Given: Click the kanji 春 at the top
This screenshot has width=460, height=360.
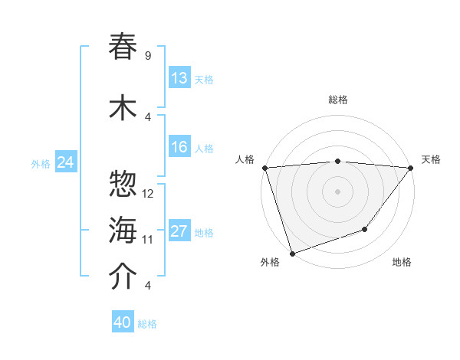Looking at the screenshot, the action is point(123,47).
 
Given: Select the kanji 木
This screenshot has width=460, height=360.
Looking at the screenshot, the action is point(123,108).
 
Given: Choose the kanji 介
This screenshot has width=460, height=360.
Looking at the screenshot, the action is point(123,277).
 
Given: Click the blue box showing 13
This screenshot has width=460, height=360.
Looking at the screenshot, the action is point(179,78).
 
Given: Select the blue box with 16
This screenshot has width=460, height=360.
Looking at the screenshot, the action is point(179,147).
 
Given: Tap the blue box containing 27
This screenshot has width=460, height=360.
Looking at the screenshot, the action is point(179,231).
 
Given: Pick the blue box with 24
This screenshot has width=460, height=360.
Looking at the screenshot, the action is point(65,162).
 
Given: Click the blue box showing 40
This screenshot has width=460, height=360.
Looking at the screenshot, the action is point(123,322).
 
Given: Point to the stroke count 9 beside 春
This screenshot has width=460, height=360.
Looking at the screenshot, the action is point(148,56).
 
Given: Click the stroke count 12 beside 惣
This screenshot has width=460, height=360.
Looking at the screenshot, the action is point(148,194).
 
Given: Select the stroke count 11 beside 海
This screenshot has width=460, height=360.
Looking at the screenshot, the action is point(148,240).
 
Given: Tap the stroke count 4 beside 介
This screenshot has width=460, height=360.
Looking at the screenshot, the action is point(148,286).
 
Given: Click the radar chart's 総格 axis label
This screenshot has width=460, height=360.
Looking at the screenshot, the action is point(337,100).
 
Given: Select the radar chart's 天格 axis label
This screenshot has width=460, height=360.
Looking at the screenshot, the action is point(432,159).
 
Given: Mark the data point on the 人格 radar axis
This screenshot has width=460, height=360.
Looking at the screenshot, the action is point(264,167).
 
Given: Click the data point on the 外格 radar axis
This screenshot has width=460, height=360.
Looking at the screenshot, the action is point(292,253).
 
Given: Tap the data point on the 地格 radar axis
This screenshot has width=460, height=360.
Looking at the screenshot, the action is point(366,229).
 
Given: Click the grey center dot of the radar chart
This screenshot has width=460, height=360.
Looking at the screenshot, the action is point(337,191).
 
